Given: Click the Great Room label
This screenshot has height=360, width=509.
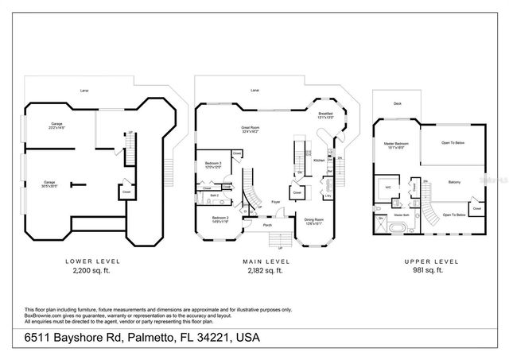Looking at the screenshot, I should [251, 129].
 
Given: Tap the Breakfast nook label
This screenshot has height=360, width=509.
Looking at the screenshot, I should [324, 114].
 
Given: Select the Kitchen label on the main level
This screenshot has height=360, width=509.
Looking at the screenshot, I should [318, 160].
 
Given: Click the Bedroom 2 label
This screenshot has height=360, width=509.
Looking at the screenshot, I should [220, 219].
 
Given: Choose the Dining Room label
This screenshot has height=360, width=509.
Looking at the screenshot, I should [314, 220].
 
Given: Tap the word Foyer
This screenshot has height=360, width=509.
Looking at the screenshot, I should [274, 202].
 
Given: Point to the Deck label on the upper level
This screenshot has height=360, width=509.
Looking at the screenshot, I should [396, 103].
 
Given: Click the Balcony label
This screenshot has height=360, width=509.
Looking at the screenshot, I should [454, 181].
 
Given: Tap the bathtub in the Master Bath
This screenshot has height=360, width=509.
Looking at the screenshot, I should [392, 226].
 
